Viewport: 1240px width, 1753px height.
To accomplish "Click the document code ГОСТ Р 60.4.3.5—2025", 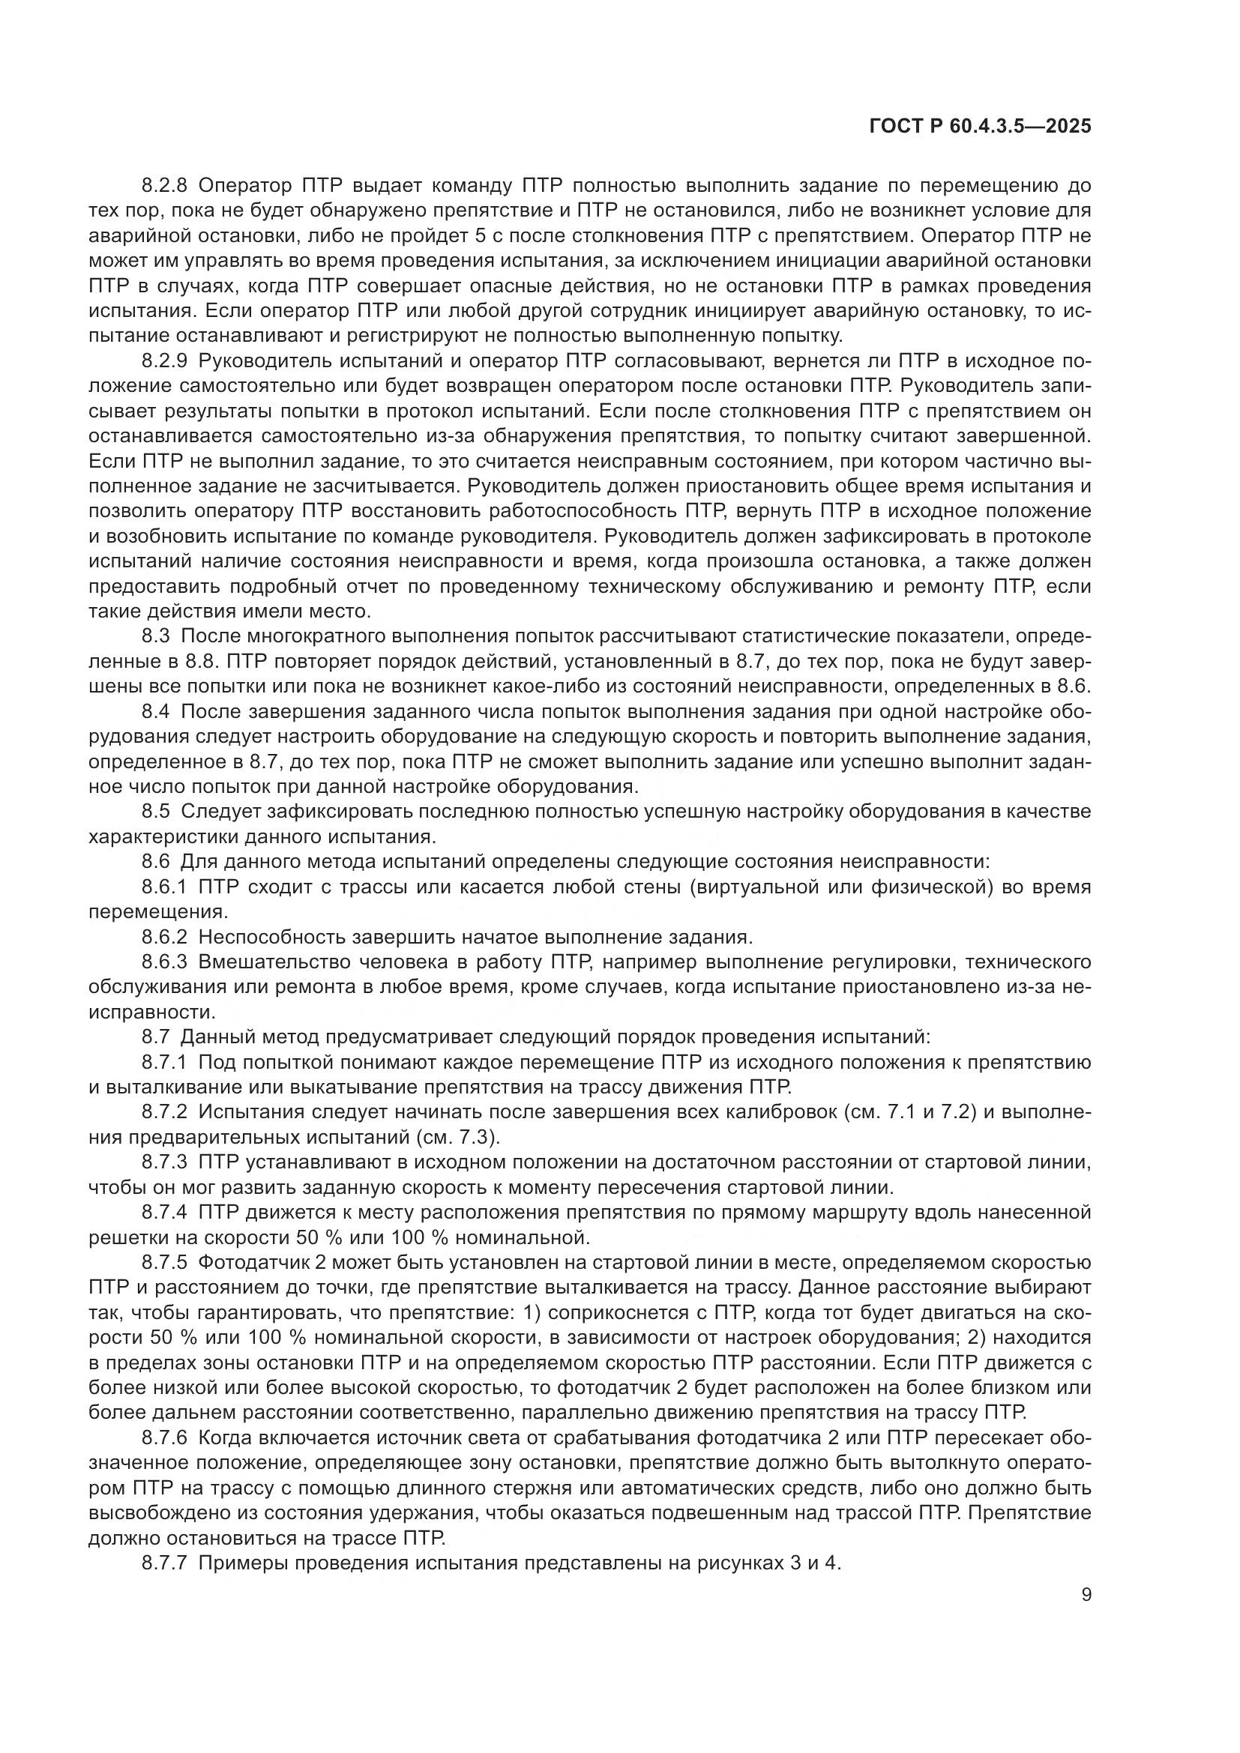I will (x=981, y=127).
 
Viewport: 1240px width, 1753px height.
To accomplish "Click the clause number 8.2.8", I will (x=164, y=187).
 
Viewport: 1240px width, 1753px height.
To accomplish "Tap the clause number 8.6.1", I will (x=164, y=887).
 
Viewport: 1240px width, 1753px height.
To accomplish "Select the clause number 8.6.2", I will (x=164, y=937).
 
